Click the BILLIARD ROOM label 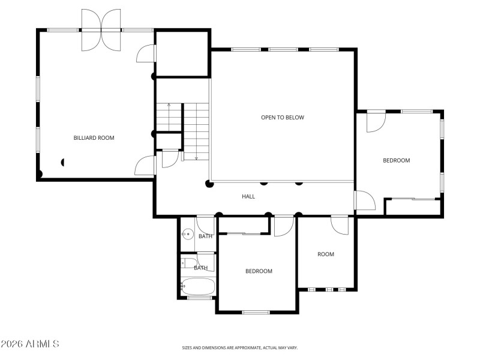[94, 138]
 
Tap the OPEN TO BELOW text [282, 118]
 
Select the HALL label [248, 196]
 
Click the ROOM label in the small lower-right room [326, 254]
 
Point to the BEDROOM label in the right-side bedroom [396, 160]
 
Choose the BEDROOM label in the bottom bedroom [259, 271]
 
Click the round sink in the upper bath [188, 235]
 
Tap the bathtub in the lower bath [197, 287]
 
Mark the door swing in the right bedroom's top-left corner [375, 122]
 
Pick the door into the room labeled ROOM [340, 226]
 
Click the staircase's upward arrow [169, 105]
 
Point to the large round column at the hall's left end [209, 184]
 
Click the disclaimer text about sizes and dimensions [240, 347]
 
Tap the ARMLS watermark [30, 344]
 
